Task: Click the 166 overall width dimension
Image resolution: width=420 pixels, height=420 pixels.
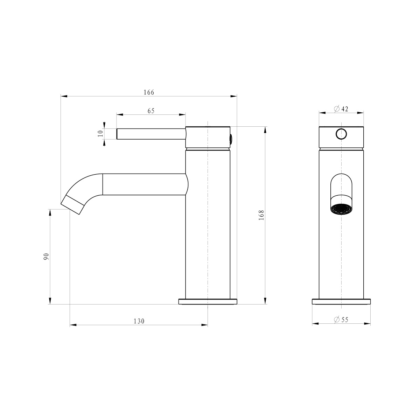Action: click(149, 92)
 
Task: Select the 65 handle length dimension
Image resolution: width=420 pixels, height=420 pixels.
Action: click(151, 111)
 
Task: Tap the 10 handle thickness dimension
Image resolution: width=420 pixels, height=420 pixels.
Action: click(100, 134)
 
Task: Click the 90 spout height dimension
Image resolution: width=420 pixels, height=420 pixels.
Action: click(45, 257)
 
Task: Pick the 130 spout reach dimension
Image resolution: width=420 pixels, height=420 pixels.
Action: click(139, 321)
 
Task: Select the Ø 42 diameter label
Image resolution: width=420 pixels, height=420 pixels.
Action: click(341, 109)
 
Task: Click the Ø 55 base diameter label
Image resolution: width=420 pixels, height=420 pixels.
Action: click(341, 320)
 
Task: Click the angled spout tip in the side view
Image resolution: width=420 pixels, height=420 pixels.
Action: click(73, 205)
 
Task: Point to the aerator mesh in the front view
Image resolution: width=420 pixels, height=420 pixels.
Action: click(341, 209)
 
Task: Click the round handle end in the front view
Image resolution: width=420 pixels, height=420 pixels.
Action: click(341, 134)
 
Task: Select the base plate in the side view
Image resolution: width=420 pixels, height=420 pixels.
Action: click(208, 301)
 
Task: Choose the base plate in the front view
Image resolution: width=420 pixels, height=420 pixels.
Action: click(341, 301)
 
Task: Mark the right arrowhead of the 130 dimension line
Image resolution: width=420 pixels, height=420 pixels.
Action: click(205, 325)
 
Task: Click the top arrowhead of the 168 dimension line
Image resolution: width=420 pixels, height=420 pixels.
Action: click(265, 129)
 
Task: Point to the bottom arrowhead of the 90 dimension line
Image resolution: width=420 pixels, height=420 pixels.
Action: click(50, 301)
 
